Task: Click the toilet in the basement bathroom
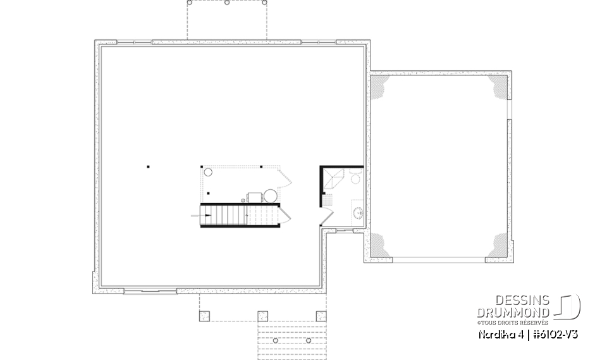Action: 355,178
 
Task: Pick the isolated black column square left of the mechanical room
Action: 149,167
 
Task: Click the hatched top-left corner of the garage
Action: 381,87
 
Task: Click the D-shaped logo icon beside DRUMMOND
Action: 568,306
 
